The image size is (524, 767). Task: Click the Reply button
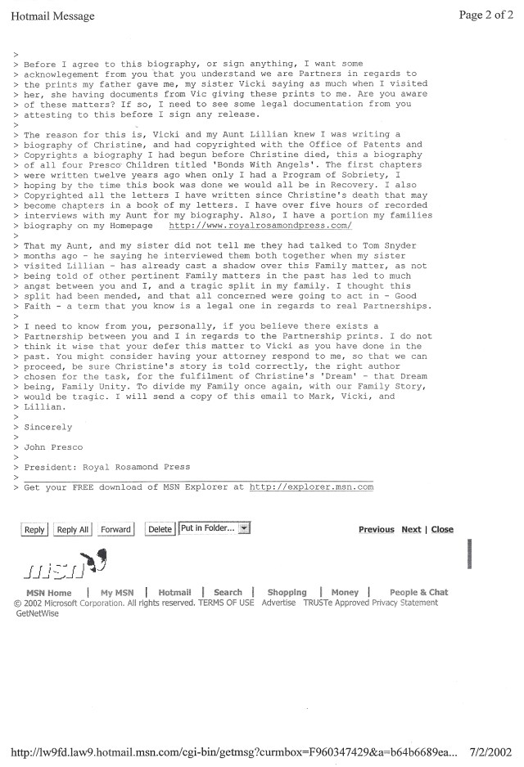point(34,529)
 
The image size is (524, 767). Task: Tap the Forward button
point(115,529)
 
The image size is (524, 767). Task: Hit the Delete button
point(160,529)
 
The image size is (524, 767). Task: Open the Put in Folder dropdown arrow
point(244,528)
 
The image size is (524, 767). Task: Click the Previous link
point(377,530)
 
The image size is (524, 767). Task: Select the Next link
point(411,530)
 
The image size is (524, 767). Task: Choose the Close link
point(442,530)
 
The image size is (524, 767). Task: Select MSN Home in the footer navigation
point(49,593)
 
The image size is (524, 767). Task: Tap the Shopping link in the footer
point(287,593)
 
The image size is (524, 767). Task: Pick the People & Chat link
point(418,593)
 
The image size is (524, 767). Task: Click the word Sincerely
point(47,427)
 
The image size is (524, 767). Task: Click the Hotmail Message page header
point(52,16)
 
